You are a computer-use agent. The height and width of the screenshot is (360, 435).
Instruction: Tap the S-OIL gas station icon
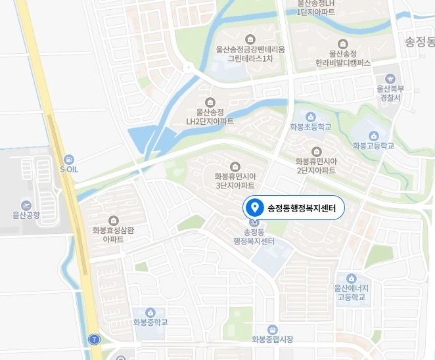69,159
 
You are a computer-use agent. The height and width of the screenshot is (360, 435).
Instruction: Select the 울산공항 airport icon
26,205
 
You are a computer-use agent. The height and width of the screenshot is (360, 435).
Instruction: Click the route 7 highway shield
95,339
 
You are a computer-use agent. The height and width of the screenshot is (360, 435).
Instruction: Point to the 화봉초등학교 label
310,127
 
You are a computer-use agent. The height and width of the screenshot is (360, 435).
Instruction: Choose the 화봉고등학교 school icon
373,135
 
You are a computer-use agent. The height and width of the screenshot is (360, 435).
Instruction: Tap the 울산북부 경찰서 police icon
390,78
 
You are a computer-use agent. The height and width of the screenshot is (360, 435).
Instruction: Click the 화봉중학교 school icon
150,312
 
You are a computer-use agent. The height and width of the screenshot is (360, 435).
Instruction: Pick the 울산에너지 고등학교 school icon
351,279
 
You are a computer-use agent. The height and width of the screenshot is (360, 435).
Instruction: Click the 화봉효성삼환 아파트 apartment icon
113,220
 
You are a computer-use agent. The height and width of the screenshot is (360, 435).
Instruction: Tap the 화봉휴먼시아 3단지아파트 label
235,181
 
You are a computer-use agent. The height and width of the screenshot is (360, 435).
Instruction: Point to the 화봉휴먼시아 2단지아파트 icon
315,151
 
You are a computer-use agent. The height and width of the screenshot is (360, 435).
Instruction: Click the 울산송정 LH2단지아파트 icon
210,102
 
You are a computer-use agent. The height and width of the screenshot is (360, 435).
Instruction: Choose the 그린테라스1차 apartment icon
250,39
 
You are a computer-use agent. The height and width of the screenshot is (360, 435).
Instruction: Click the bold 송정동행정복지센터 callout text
301,209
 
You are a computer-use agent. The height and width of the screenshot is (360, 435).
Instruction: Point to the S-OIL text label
69,169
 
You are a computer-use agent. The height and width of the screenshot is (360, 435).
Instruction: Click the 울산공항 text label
26,215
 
